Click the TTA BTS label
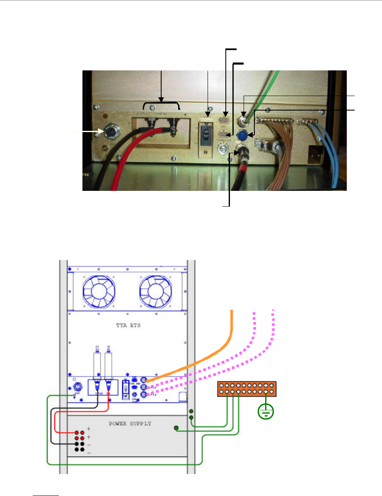tap(128, 325)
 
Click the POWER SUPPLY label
tap(127, 424)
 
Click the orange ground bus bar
tap(246, 389)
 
